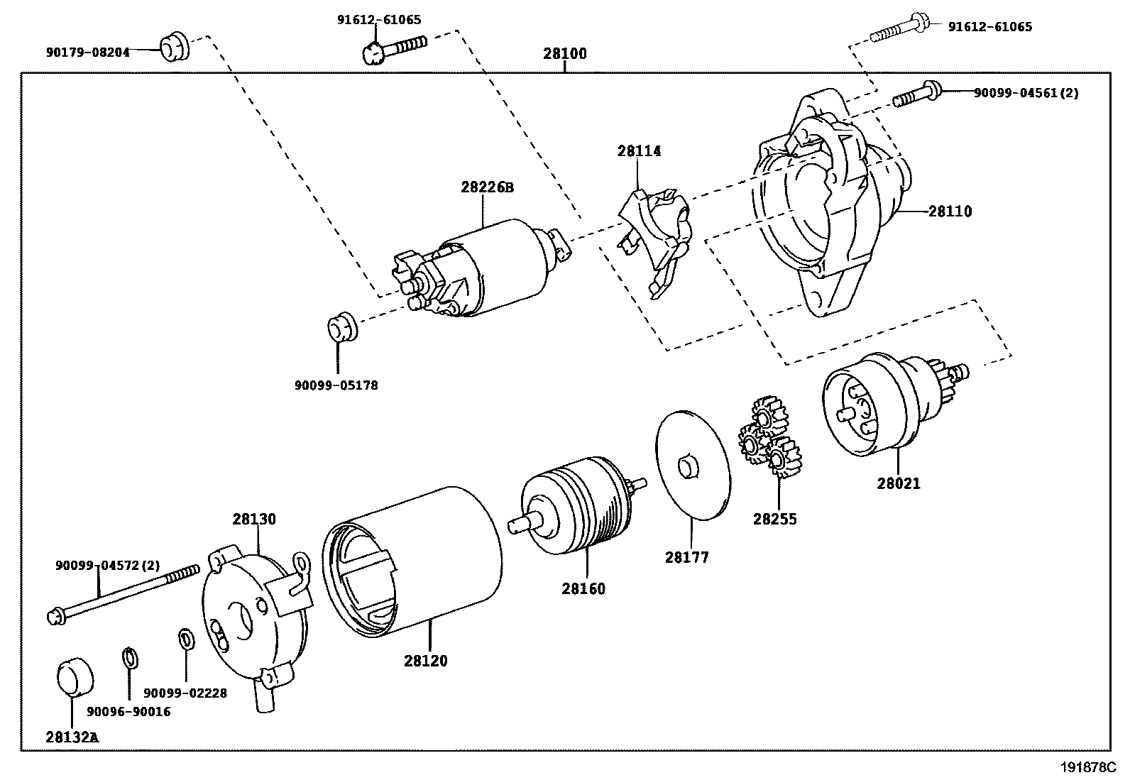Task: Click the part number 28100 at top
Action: point(565,53)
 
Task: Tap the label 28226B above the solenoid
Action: point(486,187)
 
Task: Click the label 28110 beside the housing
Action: point(950,212)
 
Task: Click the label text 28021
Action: point(898,483)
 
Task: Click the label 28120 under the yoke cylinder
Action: point(426,661)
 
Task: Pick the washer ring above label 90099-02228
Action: point(185,638)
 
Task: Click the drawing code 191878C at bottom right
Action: point(1088,767)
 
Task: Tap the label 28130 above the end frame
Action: point(254,519)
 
